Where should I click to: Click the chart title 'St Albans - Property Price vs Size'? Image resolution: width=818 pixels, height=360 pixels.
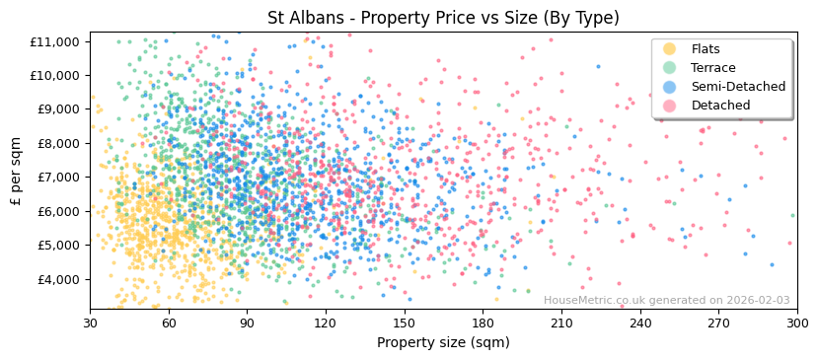pos(443,18)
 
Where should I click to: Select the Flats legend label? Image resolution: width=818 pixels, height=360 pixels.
pos(705,49)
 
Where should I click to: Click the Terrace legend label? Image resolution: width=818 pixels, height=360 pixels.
pos(712,68)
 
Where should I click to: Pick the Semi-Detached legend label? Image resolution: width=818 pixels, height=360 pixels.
pos(738,87)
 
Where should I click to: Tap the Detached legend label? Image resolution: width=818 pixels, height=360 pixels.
pos(720,106)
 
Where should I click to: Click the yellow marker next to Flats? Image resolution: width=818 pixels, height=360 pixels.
pos(670,49)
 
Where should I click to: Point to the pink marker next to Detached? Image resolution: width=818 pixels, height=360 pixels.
pos(670,106)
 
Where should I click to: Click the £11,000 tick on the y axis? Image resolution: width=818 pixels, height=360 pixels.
pos(55,41)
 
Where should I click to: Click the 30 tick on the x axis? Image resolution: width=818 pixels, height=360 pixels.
pos(90,323)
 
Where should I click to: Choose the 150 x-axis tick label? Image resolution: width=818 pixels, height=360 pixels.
pos(404,323)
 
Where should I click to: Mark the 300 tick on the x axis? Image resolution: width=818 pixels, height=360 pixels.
pos(796,323)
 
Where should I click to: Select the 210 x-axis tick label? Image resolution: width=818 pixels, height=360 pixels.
pos(560,323)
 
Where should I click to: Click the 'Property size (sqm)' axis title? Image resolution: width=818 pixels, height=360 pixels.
pos(443,342)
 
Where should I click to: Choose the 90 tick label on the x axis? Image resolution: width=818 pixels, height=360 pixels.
pos(247,323)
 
